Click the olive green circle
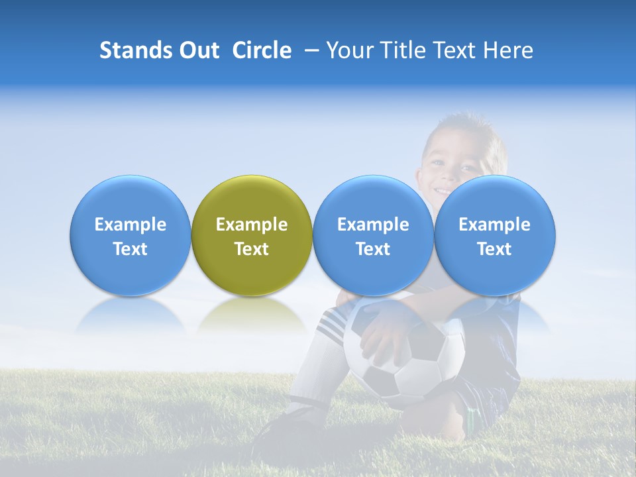pos(252,199)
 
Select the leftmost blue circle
pos(130,199)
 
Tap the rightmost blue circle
pos(495,199)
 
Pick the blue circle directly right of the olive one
pos(373,199)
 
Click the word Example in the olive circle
pos(252,225)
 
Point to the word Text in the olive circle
pos(252,249)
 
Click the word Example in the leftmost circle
pos(131,225)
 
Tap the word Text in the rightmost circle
pos(495,249)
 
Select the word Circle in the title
pos(262,50)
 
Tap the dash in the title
pos(311,50)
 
